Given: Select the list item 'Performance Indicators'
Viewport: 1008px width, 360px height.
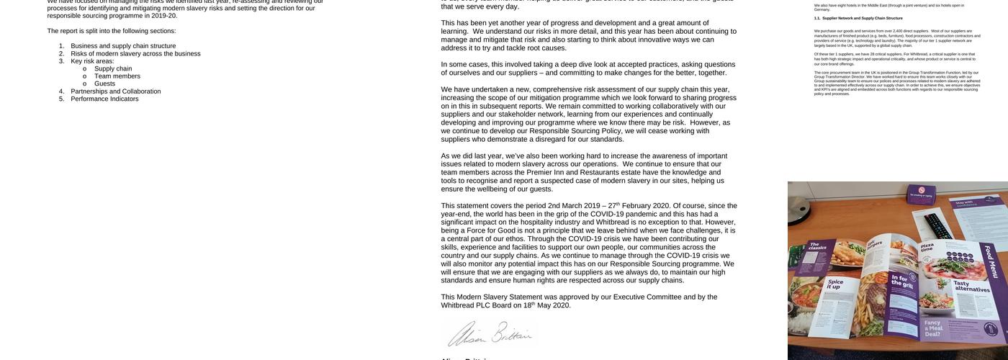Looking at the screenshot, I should tap(104, 99).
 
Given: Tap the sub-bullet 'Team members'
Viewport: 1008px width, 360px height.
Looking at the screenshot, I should tap(117, 76).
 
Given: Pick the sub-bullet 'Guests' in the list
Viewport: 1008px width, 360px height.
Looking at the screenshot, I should tap(104, 84).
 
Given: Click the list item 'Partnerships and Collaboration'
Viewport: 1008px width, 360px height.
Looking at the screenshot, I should tap(115, 91).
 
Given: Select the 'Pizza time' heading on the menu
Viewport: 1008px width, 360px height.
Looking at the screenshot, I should tap(927, 249).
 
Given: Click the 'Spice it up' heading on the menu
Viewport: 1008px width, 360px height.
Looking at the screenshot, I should tap(835, 284).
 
